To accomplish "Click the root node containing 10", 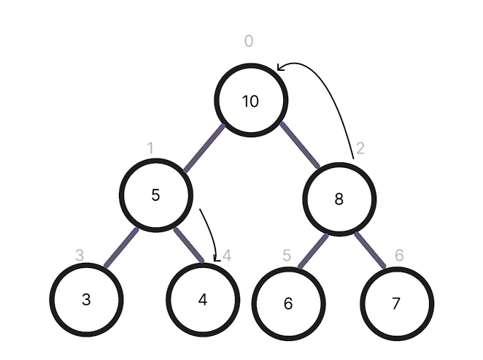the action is [x=251, y=101].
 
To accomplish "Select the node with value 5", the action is [x=156, y=196].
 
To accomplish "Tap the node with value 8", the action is [x=339, y=199].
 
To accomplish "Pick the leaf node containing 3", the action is [x=87, y=299].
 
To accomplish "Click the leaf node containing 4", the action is [x=203, y=299].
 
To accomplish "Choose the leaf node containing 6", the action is [x=288, y=303].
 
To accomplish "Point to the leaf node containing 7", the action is [x=397, y=303].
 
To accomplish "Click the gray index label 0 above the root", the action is [x=249, y=42].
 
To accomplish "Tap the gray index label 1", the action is [x=150, y=149].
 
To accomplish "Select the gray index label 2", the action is [x=360, y=149].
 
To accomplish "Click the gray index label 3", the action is [x=80, y=256].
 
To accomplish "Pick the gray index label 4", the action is [x=227, y=256].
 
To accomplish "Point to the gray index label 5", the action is [x=287, y=256].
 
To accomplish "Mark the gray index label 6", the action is [x=399, y=256].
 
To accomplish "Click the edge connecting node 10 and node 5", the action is [x=204, y=148].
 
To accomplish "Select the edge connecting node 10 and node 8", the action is [x=300, y=145].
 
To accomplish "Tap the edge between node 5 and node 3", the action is [x=120, y=248].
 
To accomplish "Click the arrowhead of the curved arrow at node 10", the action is [x=279, y=69].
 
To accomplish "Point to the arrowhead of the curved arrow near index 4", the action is [x=216, y=258].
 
